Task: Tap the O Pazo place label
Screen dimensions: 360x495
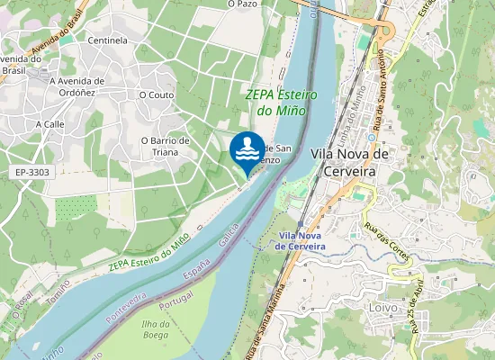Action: pos(243,4)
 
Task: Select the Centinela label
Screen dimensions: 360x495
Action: pos(107,40)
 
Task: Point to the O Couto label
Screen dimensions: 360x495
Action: pos(157,94)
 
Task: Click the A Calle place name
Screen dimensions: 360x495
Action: pos(49,124)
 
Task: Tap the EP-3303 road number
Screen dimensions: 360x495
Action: pos(32,172)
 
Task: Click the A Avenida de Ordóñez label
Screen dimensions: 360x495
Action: pos(76,86)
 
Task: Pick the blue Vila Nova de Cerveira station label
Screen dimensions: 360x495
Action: pos(301,240)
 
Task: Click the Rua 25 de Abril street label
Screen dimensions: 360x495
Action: pos(417,303)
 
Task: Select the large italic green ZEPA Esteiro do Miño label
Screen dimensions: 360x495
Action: pos(275,102)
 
